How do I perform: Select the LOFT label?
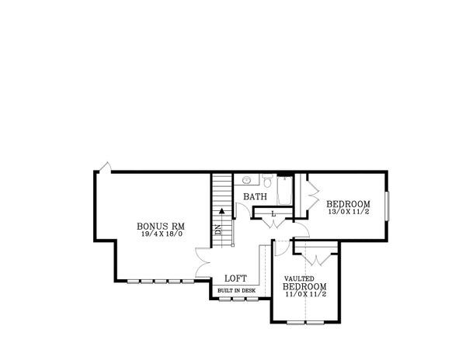[236, 279]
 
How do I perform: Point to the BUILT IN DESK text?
[236, 290]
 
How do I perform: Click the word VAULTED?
[299, 278]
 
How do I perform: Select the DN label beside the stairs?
[218, 229]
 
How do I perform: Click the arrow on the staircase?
[222, 209]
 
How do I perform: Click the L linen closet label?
[273, 213]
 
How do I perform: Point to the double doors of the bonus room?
[201, 262]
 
